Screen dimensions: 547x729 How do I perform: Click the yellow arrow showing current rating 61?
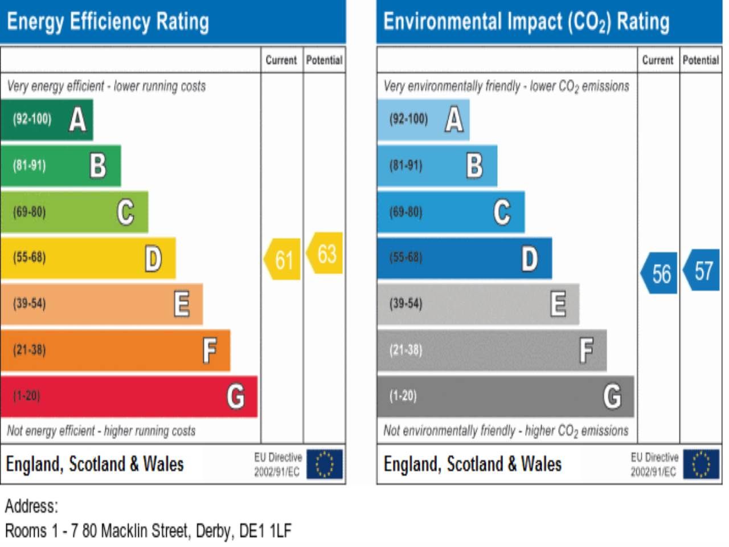pos(283,260)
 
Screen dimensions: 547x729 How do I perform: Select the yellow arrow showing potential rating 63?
pos(325,254)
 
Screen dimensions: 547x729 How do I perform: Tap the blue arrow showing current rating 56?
pos(660,273)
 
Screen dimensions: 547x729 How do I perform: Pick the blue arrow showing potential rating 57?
pos(702,271)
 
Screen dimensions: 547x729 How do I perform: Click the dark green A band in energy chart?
pos(47,120)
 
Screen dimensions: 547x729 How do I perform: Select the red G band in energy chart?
pos(129,396)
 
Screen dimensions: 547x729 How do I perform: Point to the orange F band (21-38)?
pos(115,350)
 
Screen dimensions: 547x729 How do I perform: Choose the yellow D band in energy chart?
pos(88,258)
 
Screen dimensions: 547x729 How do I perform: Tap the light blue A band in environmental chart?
pos(423,120)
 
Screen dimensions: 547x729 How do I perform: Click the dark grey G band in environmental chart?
pos(505,396)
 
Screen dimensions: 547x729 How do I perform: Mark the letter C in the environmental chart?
pos(502,212)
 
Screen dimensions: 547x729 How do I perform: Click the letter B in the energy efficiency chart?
pos(98,166)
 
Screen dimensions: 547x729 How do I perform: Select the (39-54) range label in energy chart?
pos(29,304)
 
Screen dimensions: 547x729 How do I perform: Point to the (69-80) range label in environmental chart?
pos(406,212)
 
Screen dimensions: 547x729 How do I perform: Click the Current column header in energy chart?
pos(281,60)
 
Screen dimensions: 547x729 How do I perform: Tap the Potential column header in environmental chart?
pos(701,60)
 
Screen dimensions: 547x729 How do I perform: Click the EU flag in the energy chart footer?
pos(325,464)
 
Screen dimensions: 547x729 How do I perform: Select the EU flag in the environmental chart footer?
pos(701,464)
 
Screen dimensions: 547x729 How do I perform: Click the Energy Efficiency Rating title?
pos(108,22)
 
